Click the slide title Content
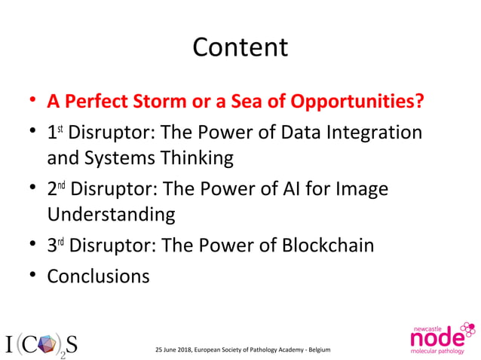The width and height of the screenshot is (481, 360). tap(240, 47)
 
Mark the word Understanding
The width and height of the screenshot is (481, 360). tap(111, 215)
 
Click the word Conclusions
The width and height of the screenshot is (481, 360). tap(98, 276)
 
